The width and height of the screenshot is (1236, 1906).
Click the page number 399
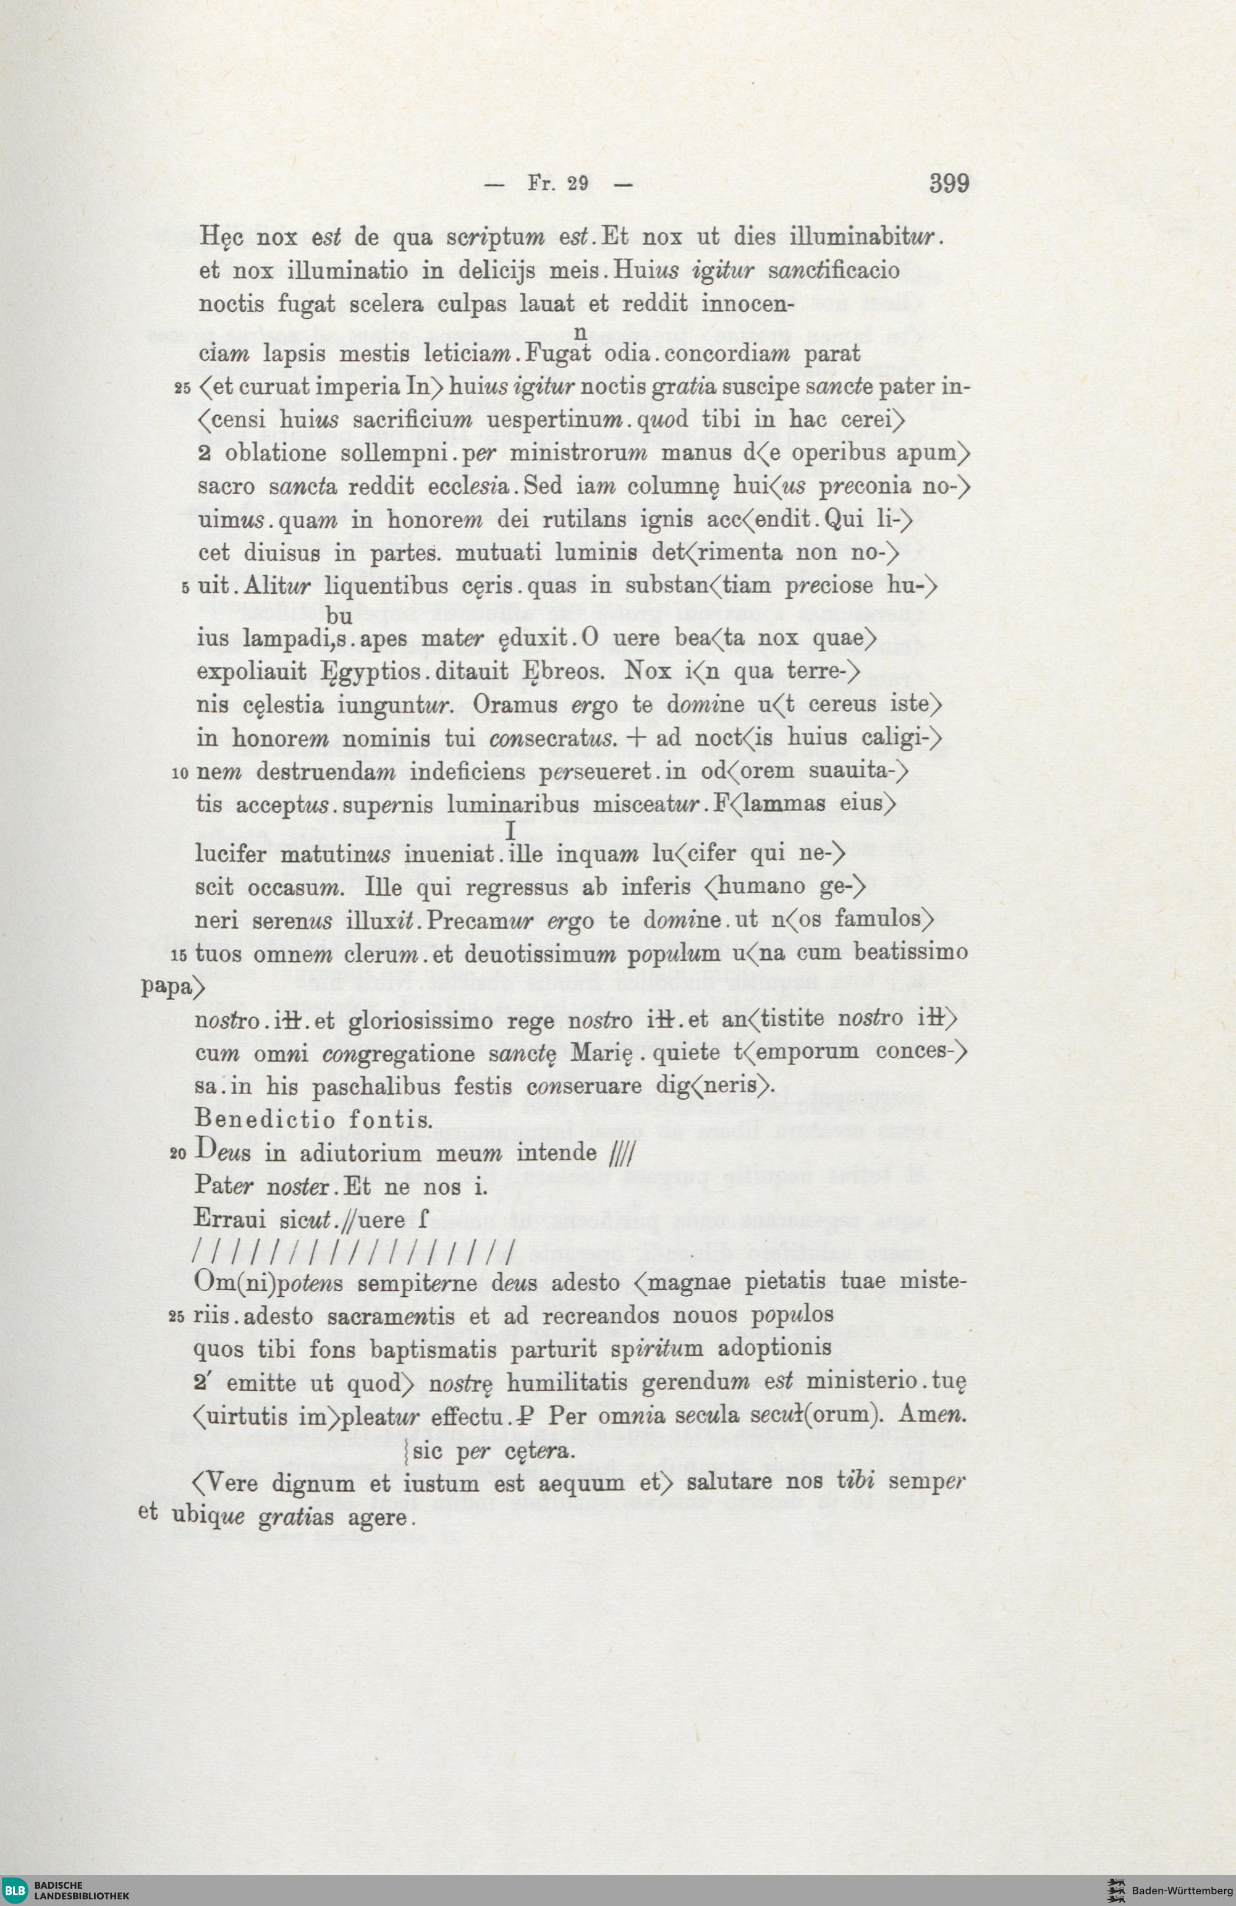pyautogui.click(x=949, y=183)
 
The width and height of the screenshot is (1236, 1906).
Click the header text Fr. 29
pyautogui.click(x=558, y=184)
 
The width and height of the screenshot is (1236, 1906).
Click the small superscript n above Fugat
pyautogui.click(x=582, y=332)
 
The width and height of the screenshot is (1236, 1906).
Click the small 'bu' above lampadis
pyautogui.click(x=341, y=617)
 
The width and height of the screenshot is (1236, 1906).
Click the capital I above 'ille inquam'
pyautogui.click(x=509, y=833)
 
